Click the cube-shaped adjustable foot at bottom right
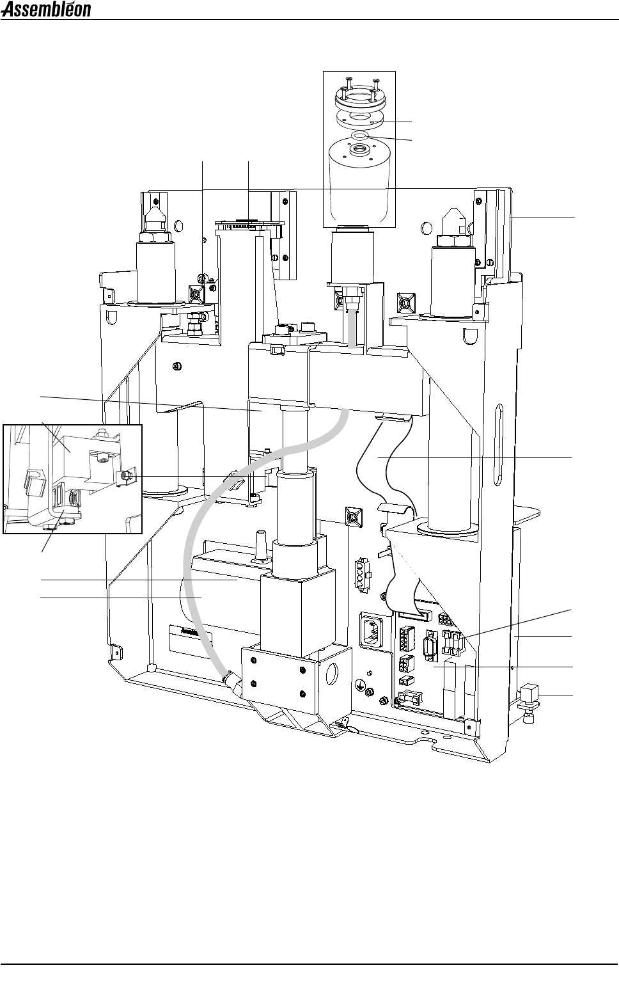coord(530,694)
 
